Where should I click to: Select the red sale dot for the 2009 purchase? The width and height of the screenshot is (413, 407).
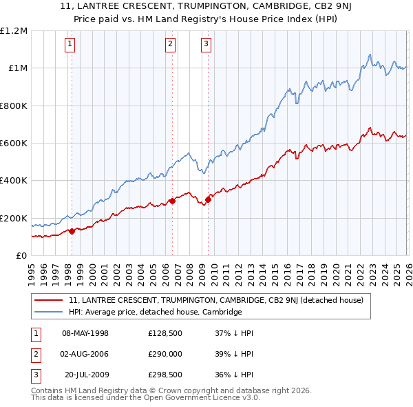click(x=207, y=200)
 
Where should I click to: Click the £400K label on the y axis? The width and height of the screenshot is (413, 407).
click(x=14, y=181)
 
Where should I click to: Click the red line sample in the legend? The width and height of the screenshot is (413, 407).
click(x=50, y=300)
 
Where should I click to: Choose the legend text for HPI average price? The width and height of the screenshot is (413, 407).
click(x=155, y=312)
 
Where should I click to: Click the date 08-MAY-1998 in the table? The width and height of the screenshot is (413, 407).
click(x=85, y=333)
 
